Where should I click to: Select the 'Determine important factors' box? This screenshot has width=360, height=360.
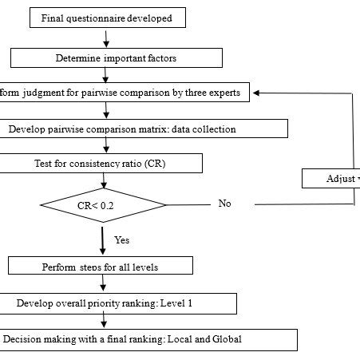pyautogui.click(x=117, y=57)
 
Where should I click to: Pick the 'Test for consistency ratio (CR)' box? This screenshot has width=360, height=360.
pyautogui.click(x=101, y=163)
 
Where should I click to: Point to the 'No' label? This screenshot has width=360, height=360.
pyautogui.click(x=224, y=204)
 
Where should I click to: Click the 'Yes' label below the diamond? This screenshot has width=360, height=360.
pyautogui.click(x=122, y=239)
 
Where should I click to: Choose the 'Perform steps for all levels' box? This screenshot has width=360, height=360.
pyautogui.click(x=101, y=266)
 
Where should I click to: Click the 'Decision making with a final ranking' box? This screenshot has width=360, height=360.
pyautogui.click(x=148, y=339)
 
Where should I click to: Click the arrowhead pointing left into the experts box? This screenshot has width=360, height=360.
pyautogui.click(x=258, y=92)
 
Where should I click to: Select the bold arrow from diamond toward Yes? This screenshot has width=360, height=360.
pyautogui.click(x=102, y=238)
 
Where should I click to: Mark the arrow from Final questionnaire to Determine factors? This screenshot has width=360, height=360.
pyautogui.click(x=106, y=38)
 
